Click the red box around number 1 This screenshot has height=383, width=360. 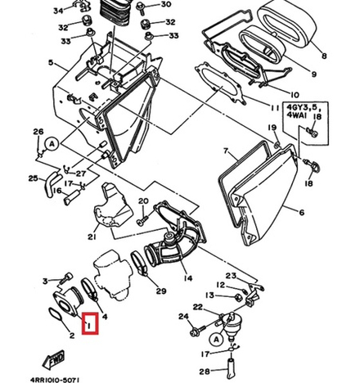tap(90, 325)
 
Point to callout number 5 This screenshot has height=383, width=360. tap(51, 64)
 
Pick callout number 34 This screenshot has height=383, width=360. tap(57, 11)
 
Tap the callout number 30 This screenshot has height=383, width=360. tap(166, 5)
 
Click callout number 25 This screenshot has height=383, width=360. tap(33, 178)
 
